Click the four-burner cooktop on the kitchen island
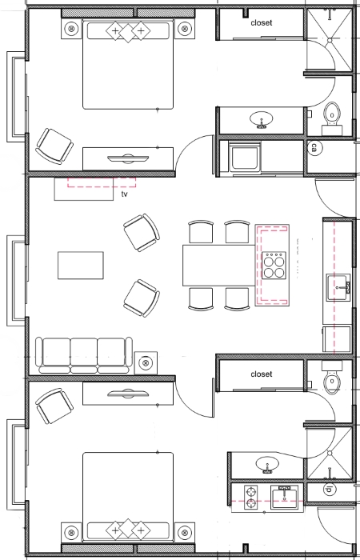(x=274, y=265)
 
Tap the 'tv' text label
(x=124, y=194)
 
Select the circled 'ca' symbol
(x=314, y=147)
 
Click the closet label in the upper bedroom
(x=262, y=23)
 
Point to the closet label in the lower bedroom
(x=262, y=374)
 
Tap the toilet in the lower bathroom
(x=332, y=378)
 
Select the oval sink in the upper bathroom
(x=262, y=119)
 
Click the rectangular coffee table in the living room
(x=81, y=265)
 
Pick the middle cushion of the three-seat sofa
(x=83, y=354)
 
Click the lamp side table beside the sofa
(x=146, y=363)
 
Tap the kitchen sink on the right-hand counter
(x=338, y=287)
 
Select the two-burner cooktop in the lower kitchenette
(x=251, y=497)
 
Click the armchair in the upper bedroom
(x=54, y=146)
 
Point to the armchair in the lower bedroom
(x=54, y=406)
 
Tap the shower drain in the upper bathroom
(x=330, y=39)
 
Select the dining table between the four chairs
(x=219, y=265)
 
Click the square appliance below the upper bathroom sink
(x=245, y=157)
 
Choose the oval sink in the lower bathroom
(x=267, y=465)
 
